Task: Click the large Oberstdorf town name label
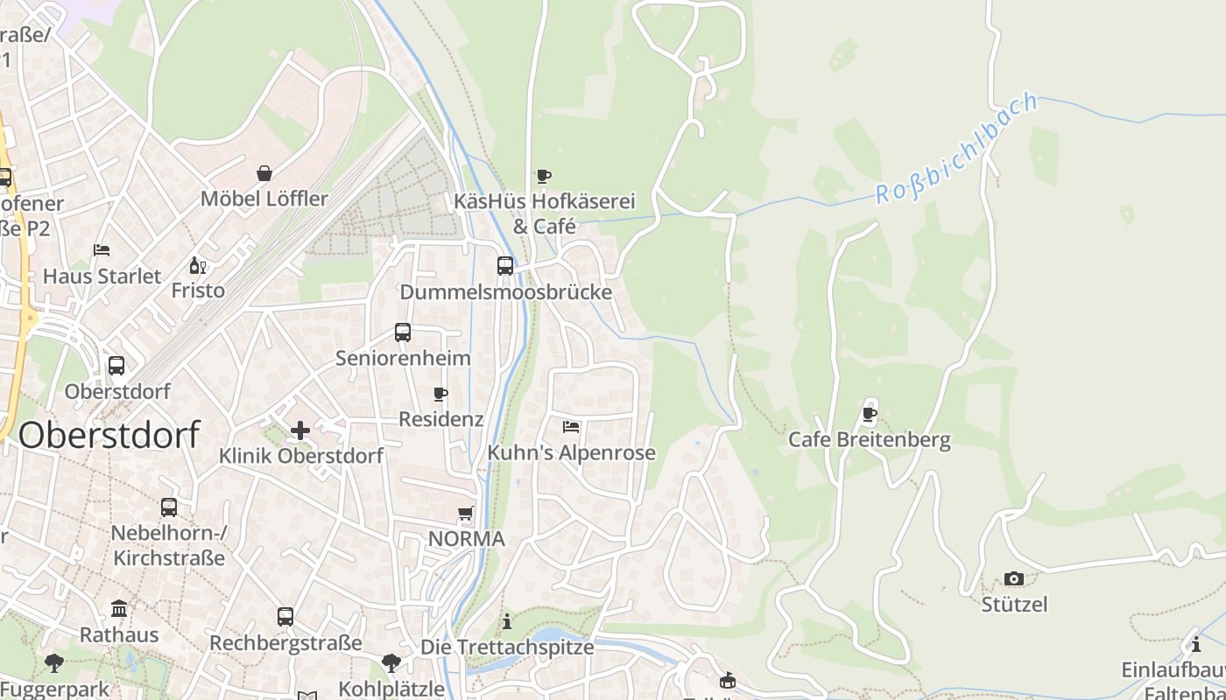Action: [x=109, y=435]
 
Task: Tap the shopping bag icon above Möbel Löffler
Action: [x=264, y=173]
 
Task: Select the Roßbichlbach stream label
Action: [x=956, y=148]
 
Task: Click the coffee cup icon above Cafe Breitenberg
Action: [x=870, y=413]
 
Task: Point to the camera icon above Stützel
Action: [x=1014, y=578]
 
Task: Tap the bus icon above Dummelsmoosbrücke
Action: [x=505, y=266]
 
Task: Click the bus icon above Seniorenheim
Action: [x=403, y=332]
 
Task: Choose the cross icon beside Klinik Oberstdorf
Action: [x=300, y=430]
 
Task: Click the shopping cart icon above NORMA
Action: [x=466, y=514]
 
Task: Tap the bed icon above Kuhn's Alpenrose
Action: [x=571, y=427]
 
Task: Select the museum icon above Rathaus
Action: [x=119, y=608]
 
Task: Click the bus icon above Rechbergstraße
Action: [x=285, y=617]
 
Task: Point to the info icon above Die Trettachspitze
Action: [x=507, y=622]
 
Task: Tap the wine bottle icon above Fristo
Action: [x=197, y=265]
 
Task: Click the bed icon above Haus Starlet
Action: [x=102, y=250]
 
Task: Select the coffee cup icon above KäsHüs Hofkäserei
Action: [x=544, y=176]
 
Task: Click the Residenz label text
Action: [x=440, y=419]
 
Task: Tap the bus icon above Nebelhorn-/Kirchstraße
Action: [x=169, y=507]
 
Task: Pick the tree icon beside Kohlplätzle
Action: [x=391, y=663]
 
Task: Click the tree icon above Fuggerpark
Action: [x=54, y=663]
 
